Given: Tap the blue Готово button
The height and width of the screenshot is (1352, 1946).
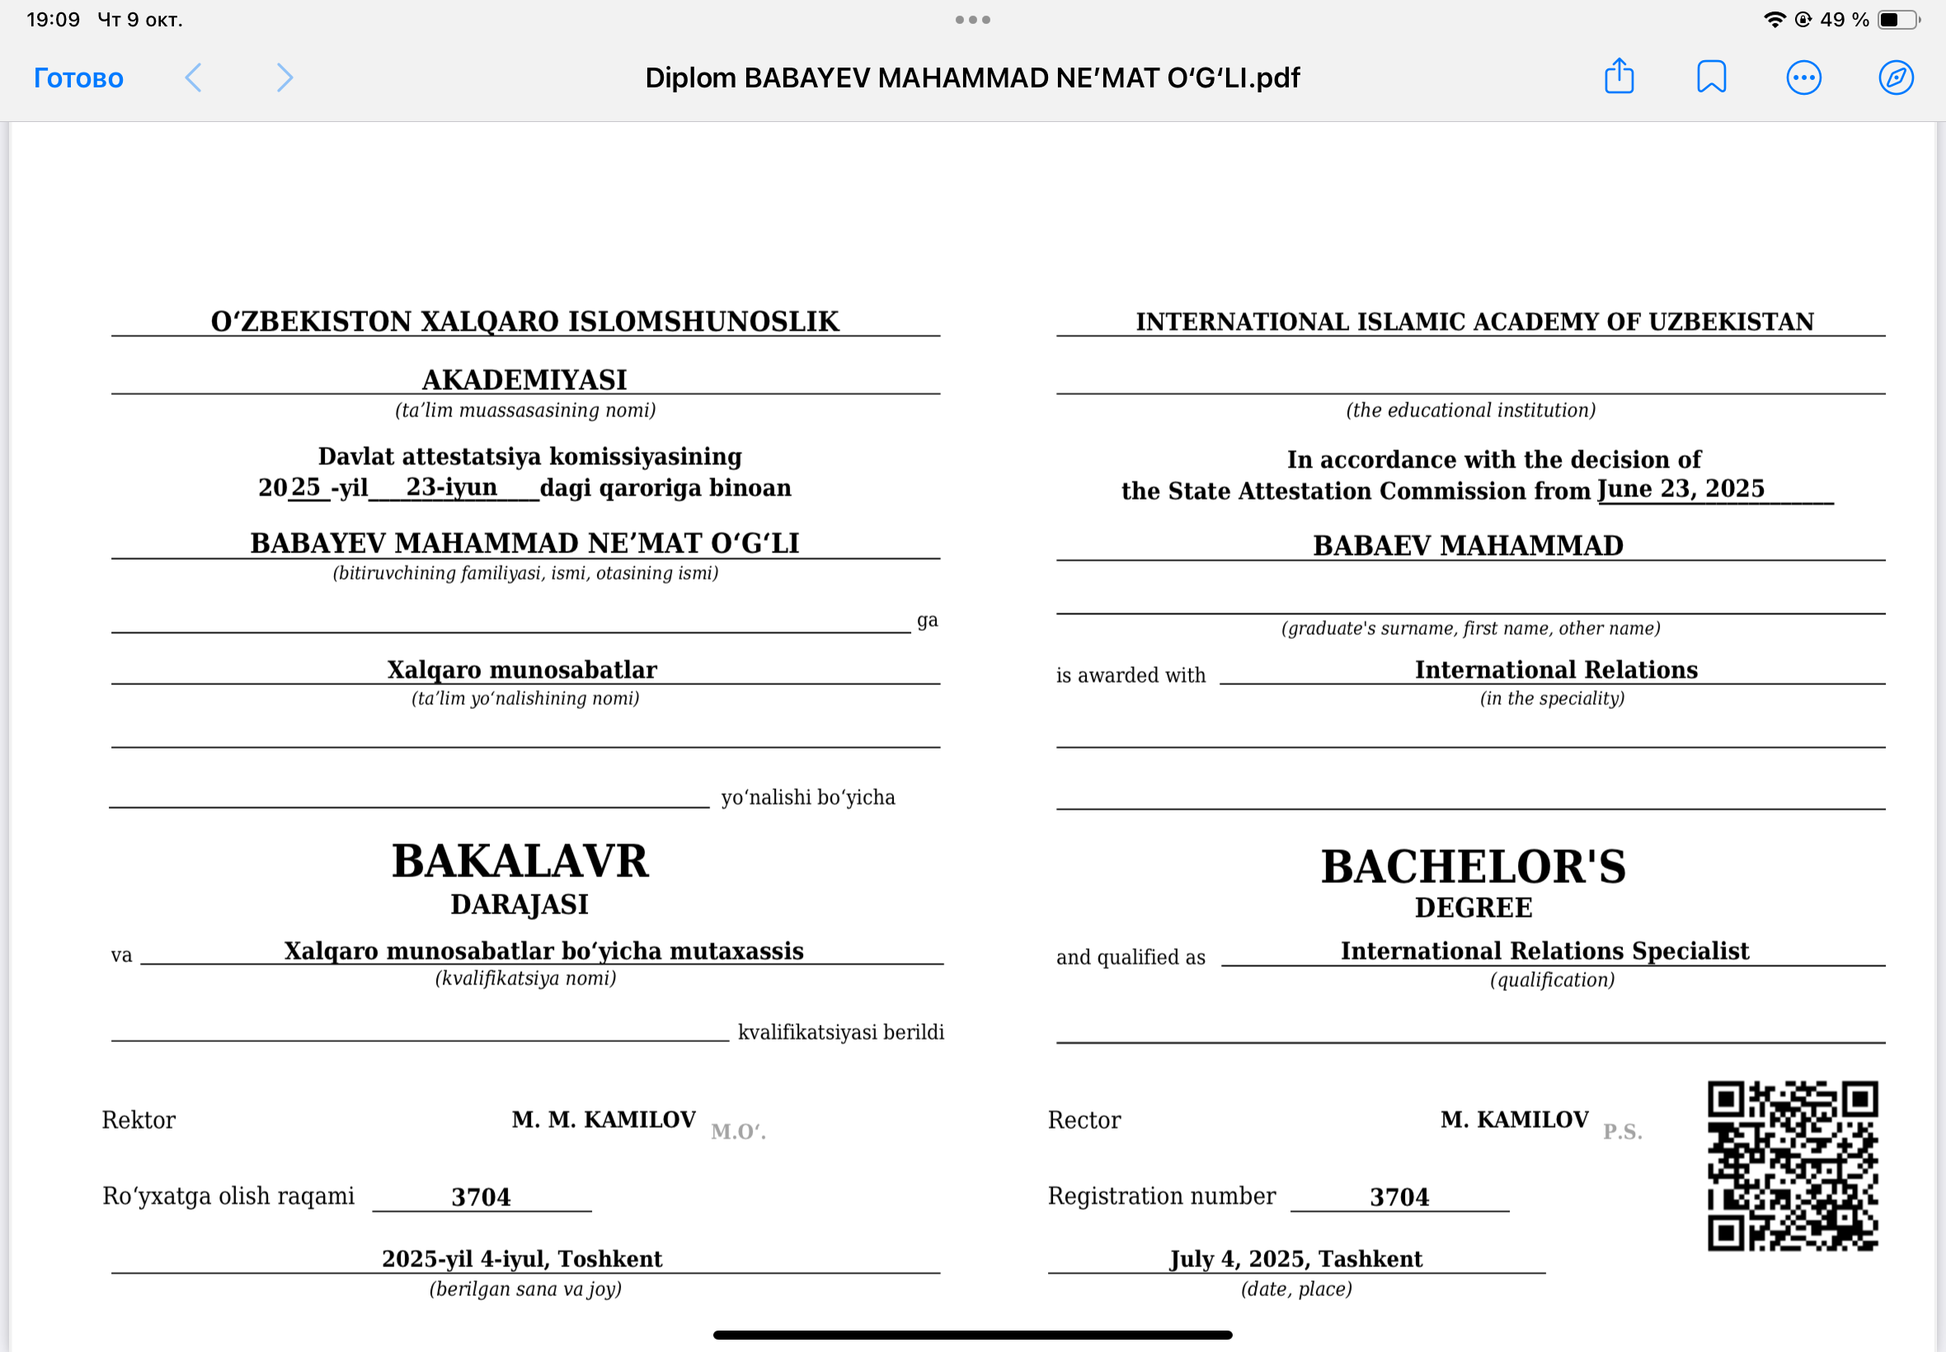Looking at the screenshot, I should tap(78, 78).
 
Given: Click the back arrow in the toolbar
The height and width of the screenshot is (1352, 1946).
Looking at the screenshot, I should tap(193, 78).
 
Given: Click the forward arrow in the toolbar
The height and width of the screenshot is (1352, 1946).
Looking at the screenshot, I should tap(284, 78).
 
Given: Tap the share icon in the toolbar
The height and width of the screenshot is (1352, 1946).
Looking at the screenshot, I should tap(1618, 76).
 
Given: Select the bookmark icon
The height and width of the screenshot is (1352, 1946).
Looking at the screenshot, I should tap(1710, 77).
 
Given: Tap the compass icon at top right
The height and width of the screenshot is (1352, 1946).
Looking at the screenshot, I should tap(1895, 78).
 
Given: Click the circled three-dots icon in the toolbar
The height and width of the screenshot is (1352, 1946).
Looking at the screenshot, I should tap(1803, 78).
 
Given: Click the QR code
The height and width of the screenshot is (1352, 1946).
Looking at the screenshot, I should tap(1792, 1165).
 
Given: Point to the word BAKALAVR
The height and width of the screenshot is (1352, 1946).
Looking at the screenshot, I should tap(520, 861).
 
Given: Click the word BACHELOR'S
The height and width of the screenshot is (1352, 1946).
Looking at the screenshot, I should tap(1473, 866).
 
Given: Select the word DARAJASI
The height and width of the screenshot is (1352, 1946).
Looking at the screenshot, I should tap(519, 904).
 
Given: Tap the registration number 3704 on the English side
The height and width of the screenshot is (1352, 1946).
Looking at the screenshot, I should tap(1398, 1197).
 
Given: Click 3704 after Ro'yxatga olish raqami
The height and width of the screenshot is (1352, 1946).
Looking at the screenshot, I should tap(481, 1197).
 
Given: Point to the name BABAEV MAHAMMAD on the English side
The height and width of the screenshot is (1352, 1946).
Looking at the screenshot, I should tap(1468, 546).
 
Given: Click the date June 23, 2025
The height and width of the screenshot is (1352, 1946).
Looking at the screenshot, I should tap(1680, 489).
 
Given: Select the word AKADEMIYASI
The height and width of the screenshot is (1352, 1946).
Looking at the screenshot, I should tap(524, 379).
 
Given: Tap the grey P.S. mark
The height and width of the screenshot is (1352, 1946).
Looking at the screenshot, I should tap(1621, 1132).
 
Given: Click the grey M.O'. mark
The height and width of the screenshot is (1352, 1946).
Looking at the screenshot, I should tap(738, 1132).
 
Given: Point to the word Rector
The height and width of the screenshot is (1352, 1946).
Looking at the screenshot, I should tap(1083, 1120).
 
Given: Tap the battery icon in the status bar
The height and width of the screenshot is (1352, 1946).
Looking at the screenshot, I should tap(1897, 20).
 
